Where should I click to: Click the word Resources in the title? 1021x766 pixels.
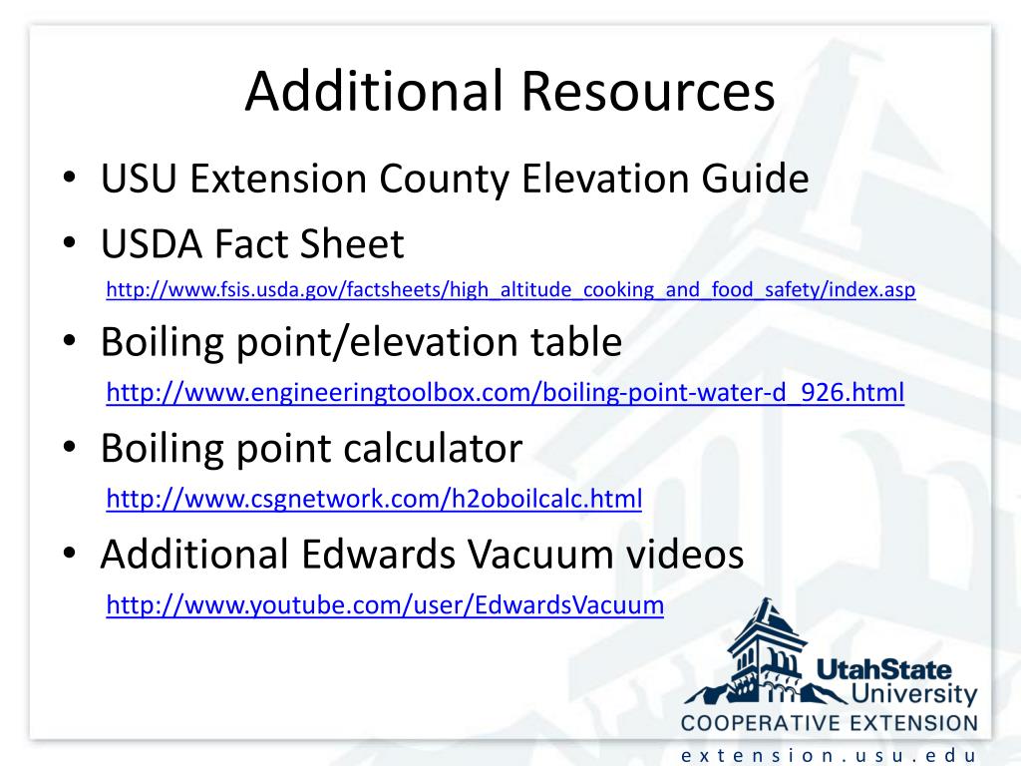[646, 92]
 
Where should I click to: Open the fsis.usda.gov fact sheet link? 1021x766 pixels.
[510, 291]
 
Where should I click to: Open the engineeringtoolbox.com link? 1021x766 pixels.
[505, 393]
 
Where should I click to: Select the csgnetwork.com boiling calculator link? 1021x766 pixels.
[374, 499]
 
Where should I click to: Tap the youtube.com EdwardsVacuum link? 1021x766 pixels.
[385, 604]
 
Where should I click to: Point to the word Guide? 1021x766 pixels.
[756, 180]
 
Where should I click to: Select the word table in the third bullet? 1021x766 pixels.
[572, 343]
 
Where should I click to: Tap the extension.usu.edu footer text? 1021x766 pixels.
[829, 755]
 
